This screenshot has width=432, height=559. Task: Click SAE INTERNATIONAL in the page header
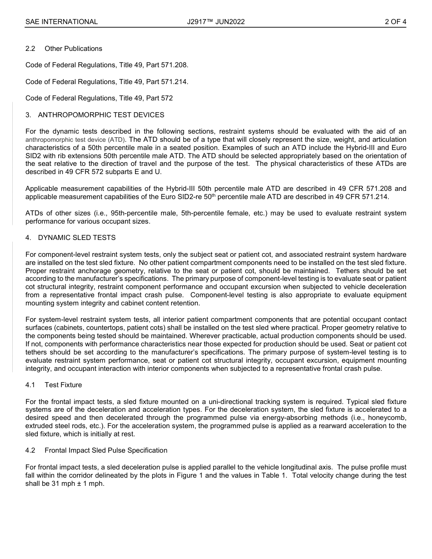click(61, 21)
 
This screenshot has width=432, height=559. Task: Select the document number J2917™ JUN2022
click(216, 21)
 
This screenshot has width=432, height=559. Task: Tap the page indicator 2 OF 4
click(395, 21)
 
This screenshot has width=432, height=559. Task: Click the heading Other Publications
click(73, 49)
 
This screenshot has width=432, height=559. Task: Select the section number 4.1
click(30, 385)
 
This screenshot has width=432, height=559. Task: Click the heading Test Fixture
click(63, 385)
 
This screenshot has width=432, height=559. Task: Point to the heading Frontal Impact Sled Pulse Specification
click(106, 450)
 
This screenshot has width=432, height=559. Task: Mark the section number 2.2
click(30, 49)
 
